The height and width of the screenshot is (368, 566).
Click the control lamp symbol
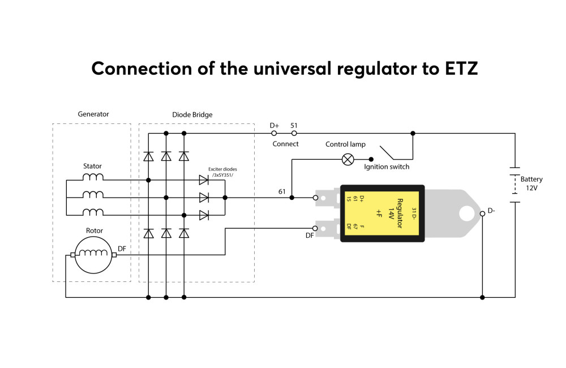pos(348,159)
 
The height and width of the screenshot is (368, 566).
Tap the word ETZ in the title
pos(461,69)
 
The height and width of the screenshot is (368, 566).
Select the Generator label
pos(93,114)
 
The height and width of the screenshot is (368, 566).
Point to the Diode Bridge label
pos(192,115)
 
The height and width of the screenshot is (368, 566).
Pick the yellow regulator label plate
pos(381,213)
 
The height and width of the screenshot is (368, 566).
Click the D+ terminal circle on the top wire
pos(274,133)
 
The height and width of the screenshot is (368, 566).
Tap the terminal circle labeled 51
pos(294,133)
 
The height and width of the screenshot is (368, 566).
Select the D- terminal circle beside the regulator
pos(482,214)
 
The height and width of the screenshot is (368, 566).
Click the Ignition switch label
pos(387,167)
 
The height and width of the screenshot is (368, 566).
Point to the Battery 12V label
pos(531,183)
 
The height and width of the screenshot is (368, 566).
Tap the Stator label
pos(92,166)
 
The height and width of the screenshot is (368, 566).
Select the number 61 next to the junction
pos(282,191)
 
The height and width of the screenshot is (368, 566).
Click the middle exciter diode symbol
pos(204,198)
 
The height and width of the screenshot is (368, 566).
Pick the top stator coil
pos(93,177)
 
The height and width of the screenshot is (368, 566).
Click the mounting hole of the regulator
pos(467,213)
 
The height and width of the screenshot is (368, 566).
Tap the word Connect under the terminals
pos(285,144)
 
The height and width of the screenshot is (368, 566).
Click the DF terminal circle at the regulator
pos(315,228)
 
